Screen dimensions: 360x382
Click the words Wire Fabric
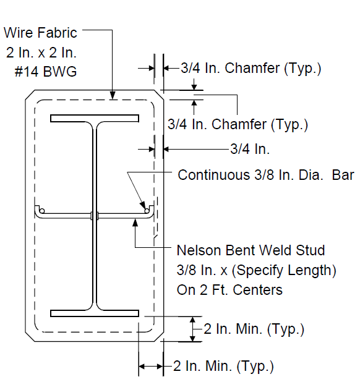(40, 33)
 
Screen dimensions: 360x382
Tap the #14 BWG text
(46, 72)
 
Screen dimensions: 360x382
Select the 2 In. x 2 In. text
(41, 53)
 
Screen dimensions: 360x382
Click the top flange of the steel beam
(95, 119)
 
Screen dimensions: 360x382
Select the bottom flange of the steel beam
(95, 313)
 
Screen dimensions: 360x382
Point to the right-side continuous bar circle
(147, 211)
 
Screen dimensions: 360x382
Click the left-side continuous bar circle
(42, 211)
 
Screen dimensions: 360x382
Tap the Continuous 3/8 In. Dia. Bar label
(266, 175)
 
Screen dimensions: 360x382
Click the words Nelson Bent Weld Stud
(251, 250)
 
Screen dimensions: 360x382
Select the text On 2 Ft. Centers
(229, 290)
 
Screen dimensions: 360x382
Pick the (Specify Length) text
(284, 270)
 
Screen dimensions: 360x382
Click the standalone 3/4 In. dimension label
(250, 148)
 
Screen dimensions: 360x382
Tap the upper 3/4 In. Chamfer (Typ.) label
(251, 68)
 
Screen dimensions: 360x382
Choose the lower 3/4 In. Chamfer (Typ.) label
(238, 124)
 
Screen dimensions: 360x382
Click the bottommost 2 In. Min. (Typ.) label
(223, 366)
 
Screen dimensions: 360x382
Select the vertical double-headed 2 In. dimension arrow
(192, 329)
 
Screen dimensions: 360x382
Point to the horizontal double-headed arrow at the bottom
(151, 366)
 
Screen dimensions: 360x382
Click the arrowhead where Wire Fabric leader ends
(113, 95)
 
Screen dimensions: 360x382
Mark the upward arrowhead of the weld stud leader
(135, 223)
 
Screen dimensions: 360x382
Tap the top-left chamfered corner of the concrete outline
(30, 95)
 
